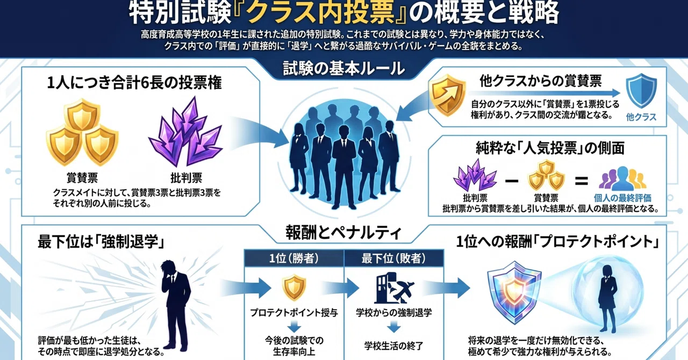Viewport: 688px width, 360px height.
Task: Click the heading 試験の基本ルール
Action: pos(343,69)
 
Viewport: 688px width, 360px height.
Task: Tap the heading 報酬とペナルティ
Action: pos(343,233)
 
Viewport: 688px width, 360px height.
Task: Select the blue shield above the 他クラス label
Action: pos(641,91)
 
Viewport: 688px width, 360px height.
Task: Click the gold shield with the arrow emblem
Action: pos(447,95)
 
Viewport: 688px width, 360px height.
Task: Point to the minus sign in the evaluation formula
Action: pos(512,181)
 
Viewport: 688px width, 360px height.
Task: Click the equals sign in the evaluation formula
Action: pos(582,181)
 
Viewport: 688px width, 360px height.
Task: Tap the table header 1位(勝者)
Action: pos(294,258)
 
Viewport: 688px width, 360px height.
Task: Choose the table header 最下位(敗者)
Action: pos(394,258)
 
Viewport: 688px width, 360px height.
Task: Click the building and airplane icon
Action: pos(394,288)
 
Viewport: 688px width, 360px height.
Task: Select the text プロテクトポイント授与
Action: pos(294,313)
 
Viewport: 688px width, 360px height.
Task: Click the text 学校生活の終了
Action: pos(394,346)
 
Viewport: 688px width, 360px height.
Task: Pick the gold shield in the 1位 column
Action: pos(294,287)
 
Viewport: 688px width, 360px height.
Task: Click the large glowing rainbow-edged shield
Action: pos(514,292)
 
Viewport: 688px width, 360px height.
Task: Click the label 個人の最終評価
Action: pos(622,198)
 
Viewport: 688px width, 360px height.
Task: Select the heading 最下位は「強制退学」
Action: pos(102,242)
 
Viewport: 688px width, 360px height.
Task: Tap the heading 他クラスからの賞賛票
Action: pos(541,81)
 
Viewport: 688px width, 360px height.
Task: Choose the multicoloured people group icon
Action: pos(622,178)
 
